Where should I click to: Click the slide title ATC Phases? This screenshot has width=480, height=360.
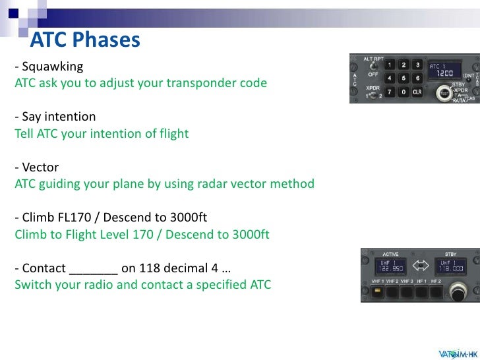(x=85, y=41)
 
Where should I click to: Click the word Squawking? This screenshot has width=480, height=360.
(x=53, y=67)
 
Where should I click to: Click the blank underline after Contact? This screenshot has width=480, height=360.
(x=93, y=269)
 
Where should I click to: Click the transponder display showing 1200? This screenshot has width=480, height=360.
(x=444, y=71)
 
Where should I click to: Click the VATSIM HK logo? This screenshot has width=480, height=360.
(x=456, y=351)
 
